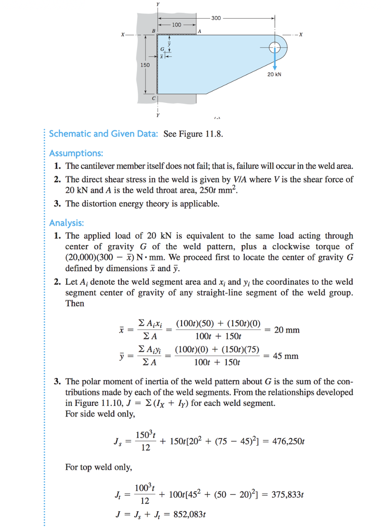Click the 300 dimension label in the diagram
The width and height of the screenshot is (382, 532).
[x=216, y=18]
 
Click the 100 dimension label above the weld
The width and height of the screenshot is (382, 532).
[x=176, y=24]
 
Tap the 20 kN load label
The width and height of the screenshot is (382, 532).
[x=274, y=74]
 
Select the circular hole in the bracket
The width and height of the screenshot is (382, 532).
[x=274, y=47]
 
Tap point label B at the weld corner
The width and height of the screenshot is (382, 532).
[x=153, y=31]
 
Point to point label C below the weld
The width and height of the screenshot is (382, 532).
[x=153, y=98]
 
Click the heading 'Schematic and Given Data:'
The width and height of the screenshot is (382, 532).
[x=104, y=134]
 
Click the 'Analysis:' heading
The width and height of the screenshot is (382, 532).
[x=66, y=223]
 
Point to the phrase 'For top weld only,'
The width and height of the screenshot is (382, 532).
[x=98, y=467]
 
